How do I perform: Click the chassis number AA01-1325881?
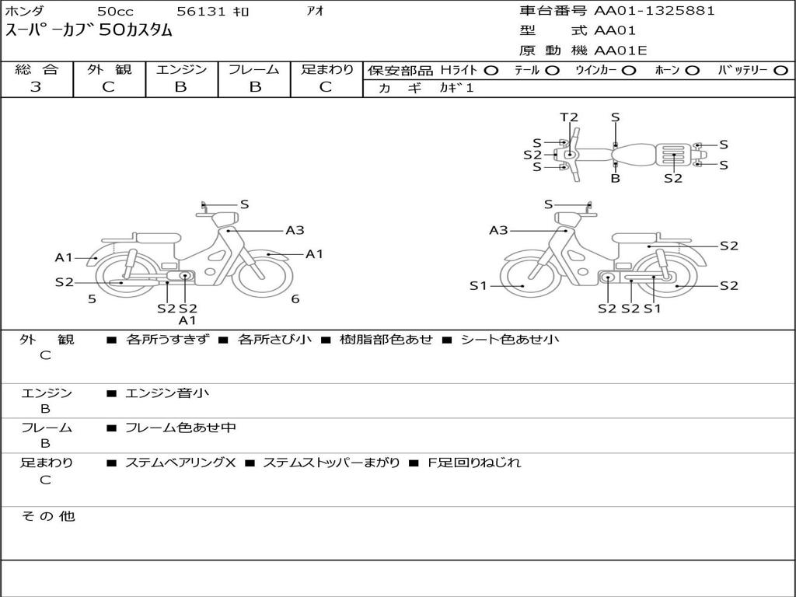coord(655,11)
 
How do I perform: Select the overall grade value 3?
coord(36,87)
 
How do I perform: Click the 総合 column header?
coord(37,69)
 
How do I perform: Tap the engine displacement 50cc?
coord(115,11)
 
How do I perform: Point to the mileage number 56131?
coord(201,11)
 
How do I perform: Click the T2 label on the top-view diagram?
coord(569,117)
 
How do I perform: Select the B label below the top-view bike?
coord(616,178)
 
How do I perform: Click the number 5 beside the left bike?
coord(92,299)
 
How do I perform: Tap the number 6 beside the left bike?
coord(295,299)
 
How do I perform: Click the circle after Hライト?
coord(491,71)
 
